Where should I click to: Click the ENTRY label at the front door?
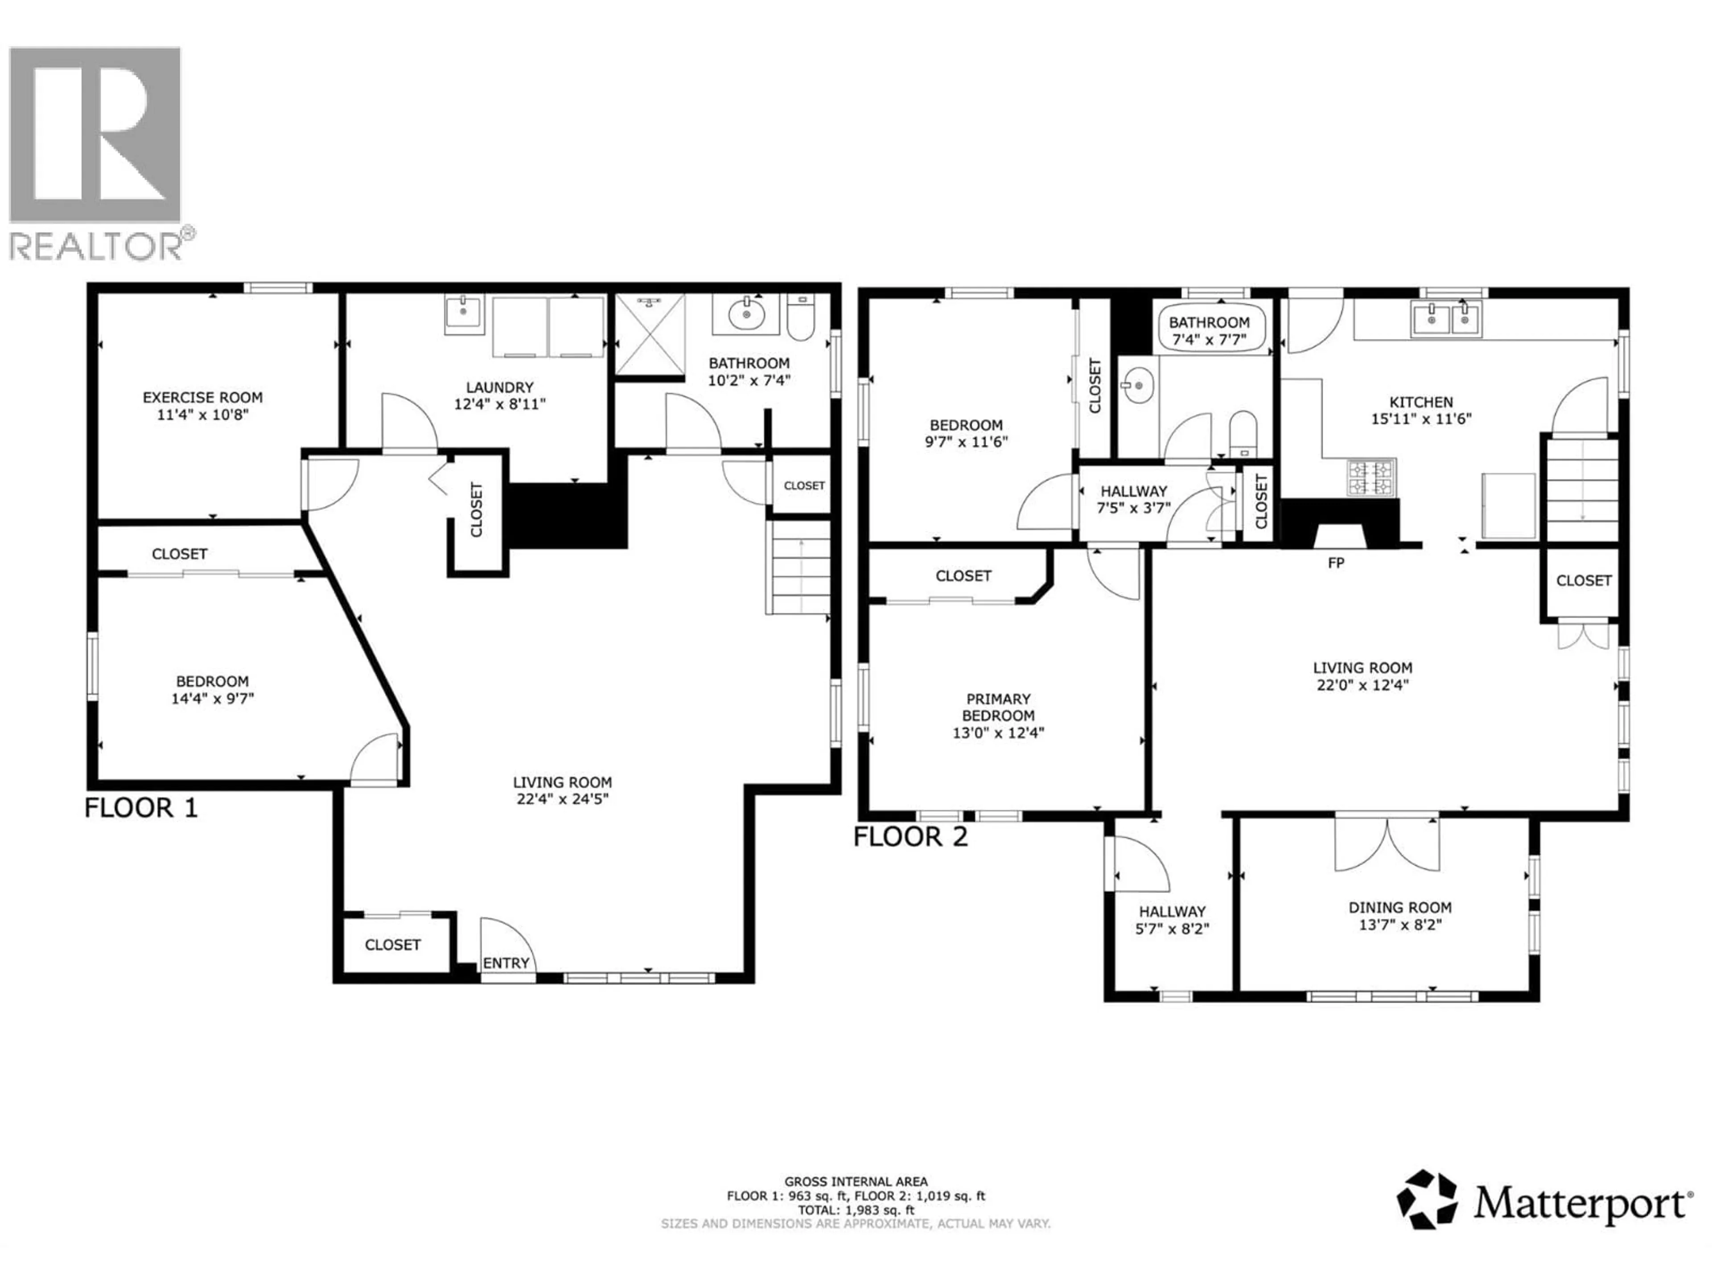click(x=506, y=963)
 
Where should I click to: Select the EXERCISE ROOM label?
click(x=203, y=397)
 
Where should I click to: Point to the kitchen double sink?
click(x=1446, y=319)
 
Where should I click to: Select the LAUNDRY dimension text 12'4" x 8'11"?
click(x=499, y=404)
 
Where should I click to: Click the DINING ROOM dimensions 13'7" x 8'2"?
click(x=1400, y=925)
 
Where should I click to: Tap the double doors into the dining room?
click(x=1387, y=844)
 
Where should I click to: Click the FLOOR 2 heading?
click(x=910, y=837)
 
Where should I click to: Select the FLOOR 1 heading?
click(x=141, y=808)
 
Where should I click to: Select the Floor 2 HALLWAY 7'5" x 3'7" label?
click(x=1134, y=499)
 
